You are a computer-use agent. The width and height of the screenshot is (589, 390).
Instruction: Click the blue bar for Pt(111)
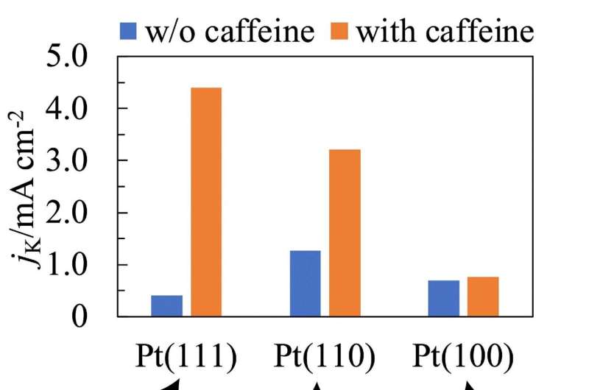[x=166, y=305]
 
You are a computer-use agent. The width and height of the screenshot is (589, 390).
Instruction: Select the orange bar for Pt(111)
[x=205, y=202]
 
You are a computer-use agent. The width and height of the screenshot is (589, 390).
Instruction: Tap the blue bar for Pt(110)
[x=305, y=283]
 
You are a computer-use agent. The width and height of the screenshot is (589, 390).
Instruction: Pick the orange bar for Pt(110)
[x=345, y=233]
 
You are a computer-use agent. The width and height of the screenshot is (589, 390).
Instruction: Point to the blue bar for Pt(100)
[x=443, y=298]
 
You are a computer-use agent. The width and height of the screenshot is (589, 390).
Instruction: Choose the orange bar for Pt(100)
[x=482, y=297]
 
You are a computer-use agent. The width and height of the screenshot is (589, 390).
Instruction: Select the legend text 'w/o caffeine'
[x=230, y=32]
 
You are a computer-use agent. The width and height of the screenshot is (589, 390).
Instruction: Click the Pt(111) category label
[x=186, y=355]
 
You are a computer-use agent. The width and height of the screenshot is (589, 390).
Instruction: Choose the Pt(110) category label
[x=325, y=355]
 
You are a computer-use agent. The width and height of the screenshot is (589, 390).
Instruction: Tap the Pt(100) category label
[x=463, y=355]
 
